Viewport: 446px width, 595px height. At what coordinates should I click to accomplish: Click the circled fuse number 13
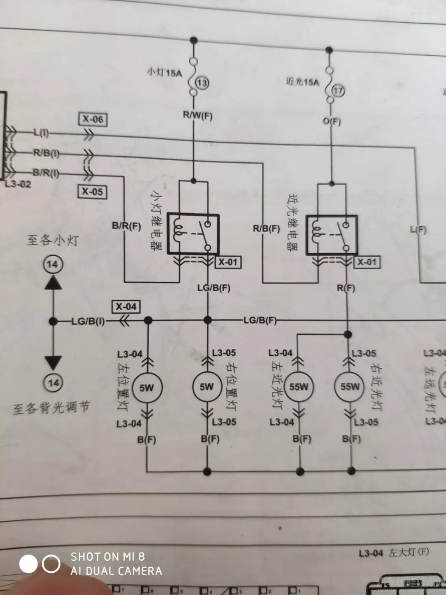coord(202,83)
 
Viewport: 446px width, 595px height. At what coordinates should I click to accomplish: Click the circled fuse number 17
coord(338,90)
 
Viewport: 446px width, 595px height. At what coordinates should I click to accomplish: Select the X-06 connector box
coord(93,119)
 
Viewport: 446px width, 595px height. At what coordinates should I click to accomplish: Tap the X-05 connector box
coord(93,192)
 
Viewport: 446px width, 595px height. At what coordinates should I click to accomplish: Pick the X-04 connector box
coord(126,307)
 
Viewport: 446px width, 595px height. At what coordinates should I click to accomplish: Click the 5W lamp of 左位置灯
coord(147,388)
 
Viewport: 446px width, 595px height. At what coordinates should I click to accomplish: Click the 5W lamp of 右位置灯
coord(207,387)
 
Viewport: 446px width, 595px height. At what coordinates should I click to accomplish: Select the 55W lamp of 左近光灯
coord(299,387)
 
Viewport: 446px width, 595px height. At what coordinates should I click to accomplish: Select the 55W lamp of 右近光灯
coord(350,387)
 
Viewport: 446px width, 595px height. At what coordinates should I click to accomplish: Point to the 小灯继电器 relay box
coord(193,234)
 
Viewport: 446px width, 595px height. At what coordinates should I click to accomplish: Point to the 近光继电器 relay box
coord(331,235)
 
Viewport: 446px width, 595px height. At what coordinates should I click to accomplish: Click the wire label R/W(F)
coord(198,115)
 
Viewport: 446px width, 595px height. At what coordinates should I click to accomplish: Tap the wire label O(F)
coord(332,121)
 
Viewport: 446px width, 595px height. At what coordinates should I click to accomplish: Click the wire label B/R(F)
coord(126,226)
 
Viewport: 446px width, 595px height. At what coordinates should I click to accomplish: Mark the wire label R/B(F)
coord(266,228)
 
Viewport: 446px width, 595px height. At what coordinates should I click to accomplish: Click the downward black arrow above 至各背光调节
coord(53,362)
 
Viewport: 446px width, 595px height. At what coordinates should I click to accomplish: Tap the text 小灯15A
coord(164,73)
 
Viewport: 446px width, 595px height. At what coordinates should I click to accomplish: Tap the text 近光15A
coord(302,82)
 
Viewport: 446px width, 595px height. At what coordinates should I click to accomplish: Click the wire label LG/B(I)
coord(88,321)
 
